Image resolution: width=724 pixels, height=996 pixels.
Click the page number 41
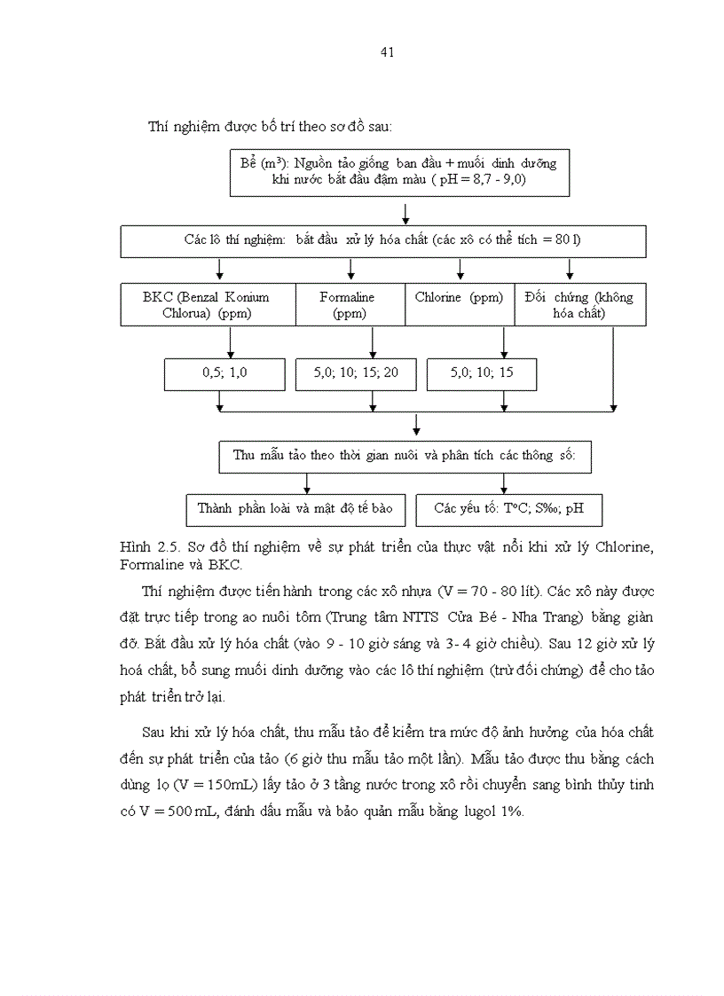pos(387,52)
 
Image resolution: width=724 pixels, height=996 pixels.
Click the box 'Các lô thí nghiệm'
pos(383,240)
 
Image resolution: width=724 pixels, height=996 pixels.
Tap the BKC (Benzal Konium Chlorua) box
pos(207,305)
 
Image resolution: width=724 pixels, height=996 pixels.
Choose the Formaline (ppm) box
pos(349,305)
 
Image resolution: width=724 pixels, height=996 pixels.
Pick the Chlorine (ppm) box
pos(459,305)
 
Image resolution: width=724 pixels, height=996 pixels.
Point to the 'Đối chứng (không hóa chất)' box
pos(579,305)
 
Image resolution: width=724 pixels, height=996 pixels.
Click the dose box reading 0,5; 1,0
pos(224,374)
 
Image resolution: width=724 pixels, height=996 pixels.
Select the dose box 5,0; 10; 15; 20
pos(355,374)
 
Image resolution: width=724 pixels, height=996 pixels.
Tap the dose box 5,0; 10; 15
pos(482,374)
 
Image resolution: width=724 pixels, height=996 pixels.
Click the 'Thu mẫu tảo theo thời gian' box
pos(405,456)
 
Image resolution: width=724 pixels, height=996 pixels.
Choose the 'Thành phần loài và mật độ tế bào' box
pos(295,509)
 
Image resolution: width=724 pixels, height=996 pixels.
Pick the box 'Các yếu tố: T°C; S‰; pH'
pos(504,509)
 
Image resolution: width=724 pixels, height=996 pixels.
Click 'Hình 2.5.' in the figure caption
pos(142,547)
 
